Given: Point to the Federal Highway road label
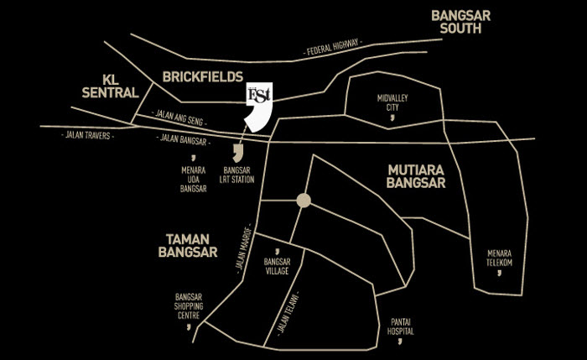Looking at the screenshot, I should click(333, 49).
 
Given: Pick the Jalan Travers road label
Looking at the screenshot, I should click(86, 134).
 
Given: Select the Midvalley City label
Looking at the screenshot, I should click(392, 102).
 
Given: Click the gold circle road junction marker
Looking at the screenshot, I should click(304, 201).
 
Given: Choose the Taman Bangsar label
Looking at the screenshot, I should click(188, 245).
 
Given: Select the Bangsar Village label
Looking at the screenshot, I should click(276, 266).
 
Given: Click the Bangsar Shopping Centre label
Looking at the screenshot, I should click(188, 306).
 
